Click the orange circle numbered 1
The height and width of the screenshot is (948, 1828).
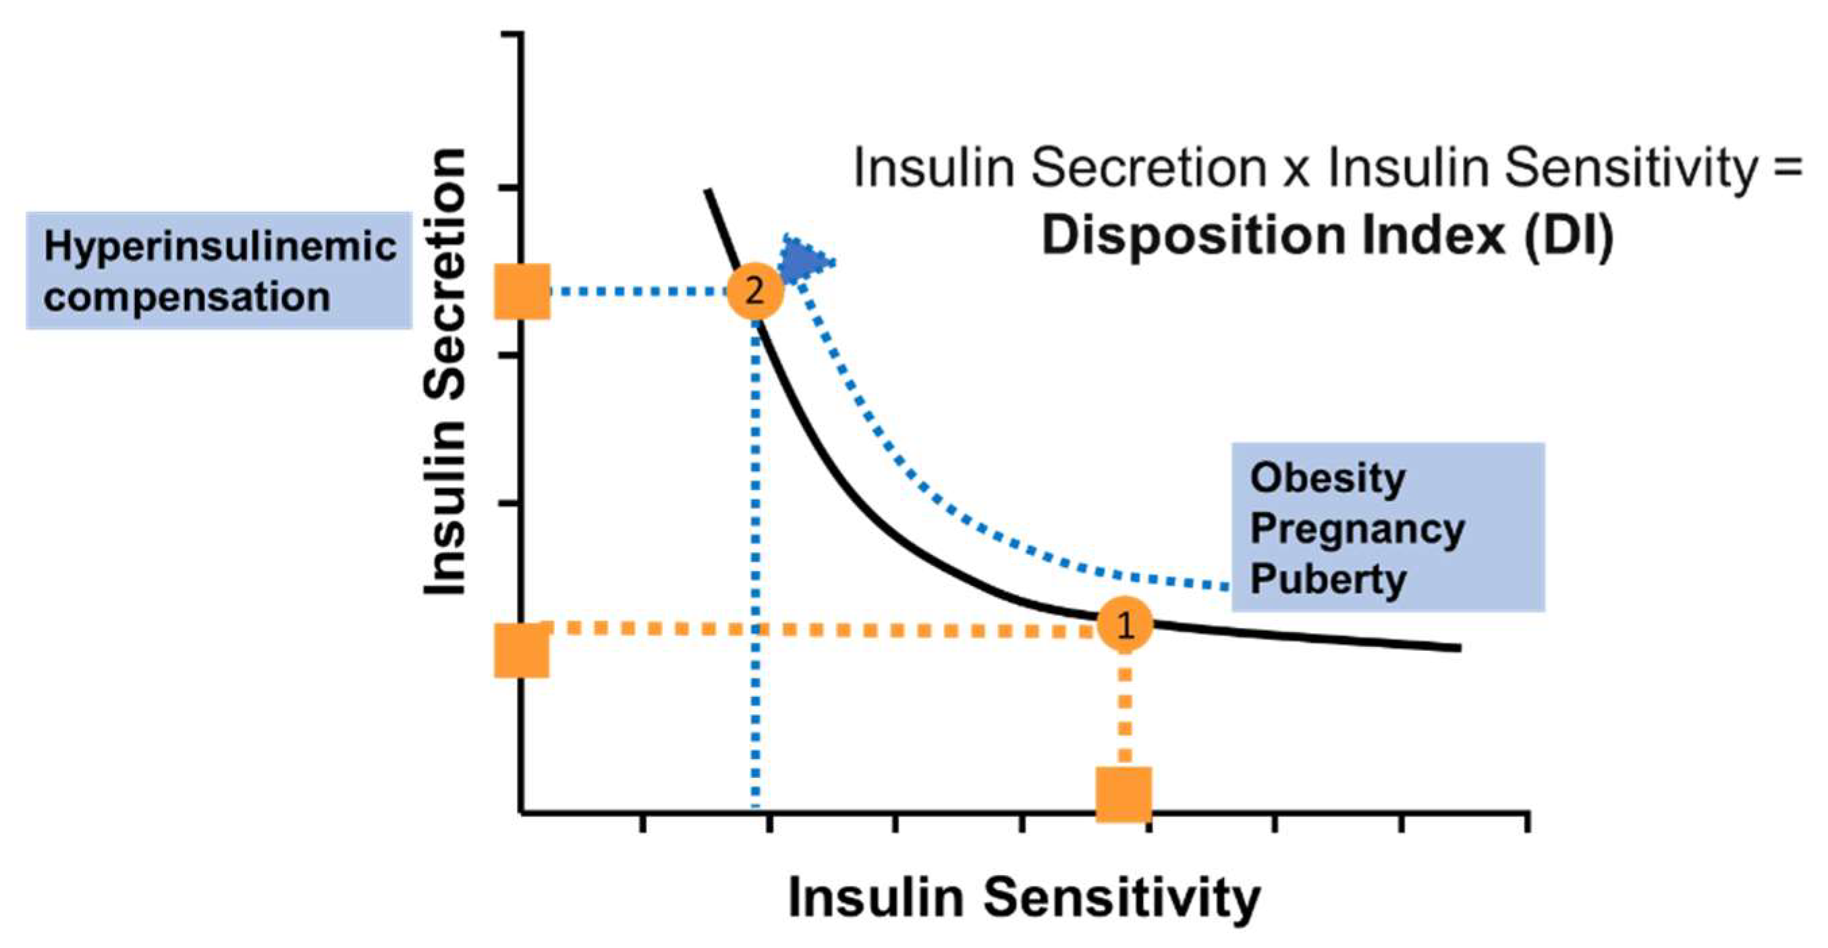point(1125,625)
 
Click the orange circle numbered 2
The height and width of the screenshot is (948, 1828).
point(755,291)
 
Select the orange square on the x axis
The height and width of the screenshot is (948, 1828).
point(1124,794)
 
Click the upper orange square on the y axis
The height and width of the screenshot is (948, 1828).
point(522,291)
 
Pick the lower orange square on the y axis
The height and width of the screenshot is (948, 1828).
point(522,650)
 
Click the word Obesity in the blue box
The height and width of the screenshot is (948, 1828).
point(1328,478)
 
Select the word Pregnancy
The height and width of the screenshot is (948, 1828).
point(1357,529)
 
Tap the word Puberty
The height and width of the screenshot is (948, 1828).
point(1328,579)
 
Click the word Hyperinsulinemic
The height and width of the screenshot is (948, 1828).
point(220,246)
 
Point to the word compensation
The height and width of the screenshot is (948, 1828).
point(188,296)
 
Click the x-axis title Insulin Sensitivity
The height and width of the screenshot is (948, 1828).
point(1024,897)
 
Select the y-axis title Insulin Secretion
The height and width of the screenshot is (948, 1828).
point(445,372)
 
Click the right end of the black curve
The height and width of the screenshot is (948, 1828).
point(1458,648)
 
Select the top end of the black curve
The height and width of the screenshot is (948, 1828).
point(707,191)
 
